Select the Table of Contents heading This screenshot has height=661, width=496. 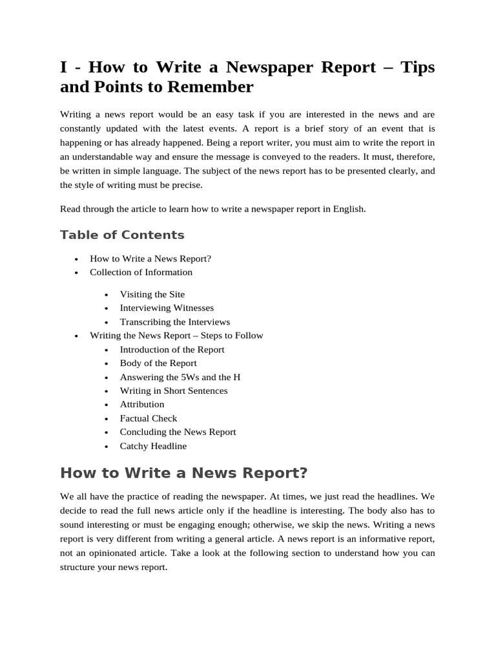122,235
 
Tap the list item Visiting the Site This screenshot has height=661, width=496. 152,294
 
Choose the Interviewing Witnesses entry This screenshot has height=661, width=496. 167,308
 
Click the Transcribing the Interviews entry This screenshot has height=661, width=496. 174,321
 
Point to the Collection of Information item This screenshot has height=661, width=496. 141,272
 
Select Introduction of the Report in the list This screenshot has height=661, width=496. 172,349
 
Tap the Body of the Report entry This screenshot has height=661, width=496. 158,363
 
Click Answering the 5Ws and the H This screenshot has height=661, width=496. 180,377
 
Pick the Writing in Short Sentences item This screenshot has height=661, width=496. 174,391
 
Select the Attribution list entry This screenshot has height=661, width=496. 142,404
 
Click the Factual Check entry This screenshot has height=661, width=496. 149,418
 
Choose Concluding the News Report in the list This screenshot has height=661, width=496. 178,432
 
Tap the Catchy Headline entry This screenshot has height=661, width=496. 153,446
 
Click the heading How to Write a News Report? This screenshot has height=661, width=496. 183,473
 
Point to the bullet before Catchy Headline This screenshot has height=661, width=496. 106,447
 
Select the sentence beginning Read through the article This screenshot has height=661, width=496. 212,209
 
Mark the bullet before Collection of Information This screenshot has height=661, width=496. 76,273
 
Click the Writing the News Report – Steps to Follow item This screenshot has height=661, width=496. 176,336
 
